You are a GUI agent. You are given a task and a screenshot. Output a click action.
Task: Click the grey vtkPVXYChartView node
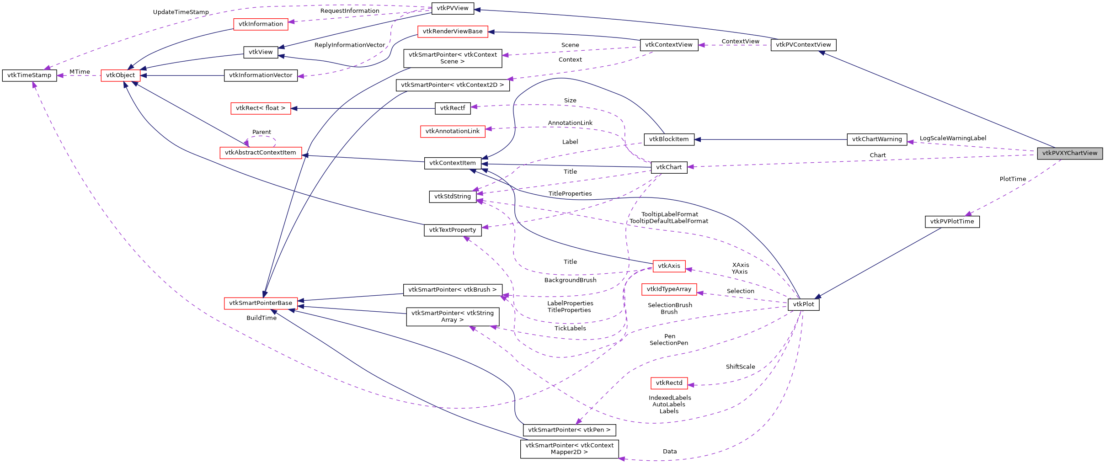tap(1069, 153)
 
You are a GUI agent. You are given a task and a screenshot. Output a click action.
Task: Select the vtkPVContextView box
tap(803, 45)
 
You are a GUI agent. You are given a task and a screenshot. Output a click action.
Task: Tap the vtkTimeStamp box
tap(29, 75)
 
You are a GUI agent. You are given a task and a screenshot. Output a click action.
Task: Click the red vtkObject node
tap(120, 75)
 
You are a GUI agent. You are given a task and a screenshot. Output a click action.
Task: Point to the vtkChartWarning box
tap(876, 139)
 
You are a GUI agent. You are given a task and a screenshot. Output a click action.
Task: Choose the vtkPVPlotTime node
tap(952, 222)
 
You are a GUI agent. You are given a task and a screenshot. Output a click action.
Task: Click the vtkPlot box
tap(803, 304)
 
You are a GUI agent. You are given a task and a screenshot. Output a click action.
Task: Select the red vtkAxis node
tap(669, 266)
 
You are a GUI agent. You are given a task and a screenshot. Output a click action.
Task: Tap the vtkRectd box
tap(669, 383)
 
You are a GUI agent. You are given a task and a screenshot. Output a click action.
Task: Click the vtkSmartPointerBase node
tap(260, 303)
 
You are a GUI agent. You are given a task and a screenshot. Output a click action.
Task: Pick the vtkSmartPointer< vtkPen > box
tap(569, 430)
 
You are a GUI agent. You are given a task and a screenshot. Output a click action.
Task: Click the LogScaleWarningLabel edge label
tap(953, 138)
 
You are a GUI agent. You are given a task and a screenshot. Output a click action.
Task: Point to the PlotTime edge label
tap(1013, 179)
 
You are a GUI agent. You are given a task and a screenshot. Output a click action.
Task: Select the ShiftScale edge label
tap(740, 367)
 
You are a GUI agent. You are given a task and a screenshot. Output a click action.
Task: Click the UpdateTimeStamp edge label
tap(181, 12)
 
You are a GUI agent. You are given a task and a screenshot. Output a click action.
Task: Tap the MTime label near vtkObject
tap(80, 72)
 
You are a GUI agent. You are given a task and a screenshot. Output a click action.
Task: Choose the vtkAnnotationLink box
tap(452, 131)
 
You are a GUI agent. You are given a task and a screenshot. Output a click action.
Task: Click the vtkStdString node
tap(452, 197)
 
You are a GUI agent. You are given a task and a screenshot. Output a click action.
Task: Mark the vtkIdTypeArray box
tap(669, 289)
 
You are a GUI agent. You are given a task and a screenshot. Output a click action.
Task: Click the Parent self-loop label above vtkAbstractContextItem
tap(262, 132)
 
